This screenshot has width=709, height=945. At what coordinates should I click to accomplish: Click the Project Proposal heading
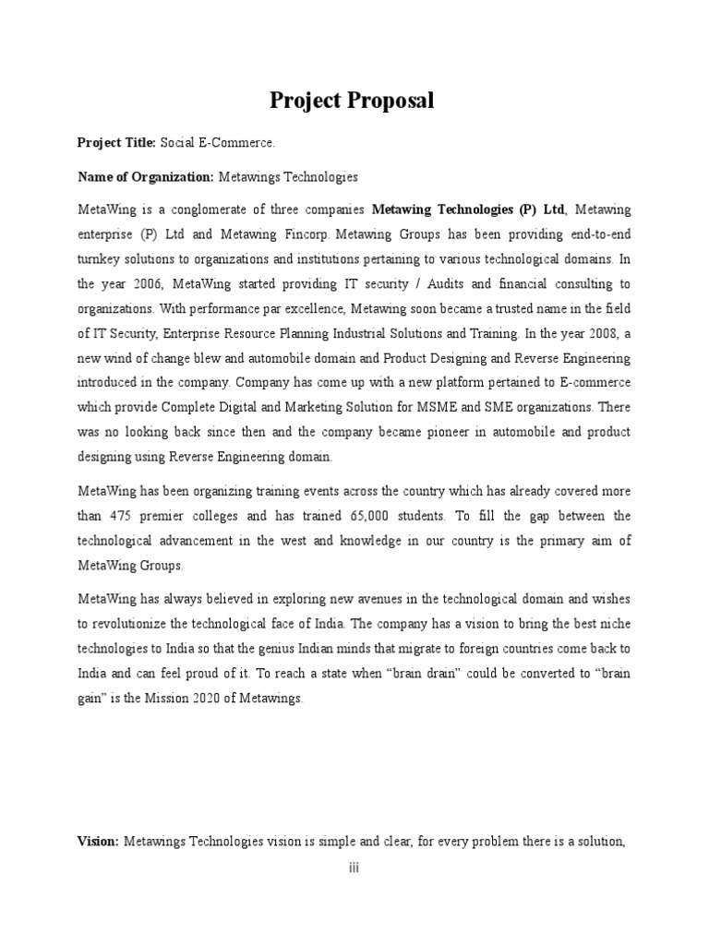click(x=352, y=102)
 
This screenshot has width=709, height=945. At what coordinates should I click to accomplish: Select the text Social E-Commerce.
click(x=218, y=143)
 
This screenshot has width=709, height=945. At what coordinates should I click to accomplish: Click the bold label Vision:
click(x=98, y=841)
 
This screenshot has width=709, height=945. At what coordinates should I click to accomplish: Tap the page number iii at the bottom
click(x=354, y=868)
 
